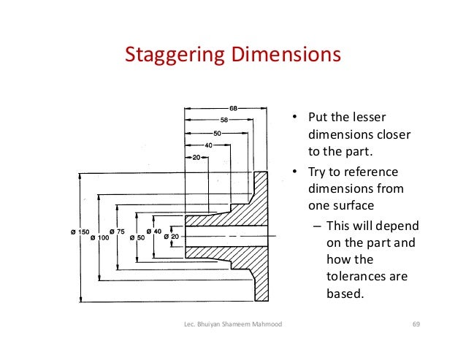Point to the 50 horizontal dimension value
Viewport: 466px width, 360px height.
click(217, 133)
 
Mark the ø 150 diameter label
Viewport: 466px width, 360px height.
click(80, 231)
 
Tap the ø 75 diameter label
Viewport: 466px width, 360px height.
click(119, 232)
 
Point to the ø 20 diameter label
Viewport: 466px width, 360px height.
click(169, 238)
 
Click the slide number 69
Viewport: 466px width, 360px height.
click(418, 323)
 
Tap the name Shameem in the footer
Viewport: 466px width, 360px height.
click(234, 323)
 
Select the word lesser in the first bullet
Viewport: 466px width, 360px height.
click(368, 118)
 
